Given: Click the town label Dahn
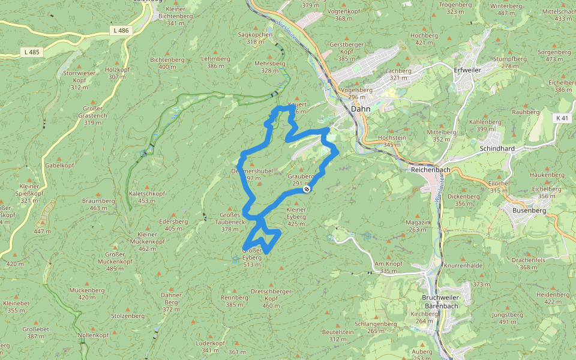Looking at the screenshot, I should point(361,109).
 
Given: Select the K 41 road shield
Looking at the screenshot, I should point(562,118).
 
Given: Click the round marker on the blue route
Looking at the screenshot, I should point(307,189).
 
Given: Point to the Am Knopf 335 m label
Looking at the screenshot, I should point(388,267).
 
